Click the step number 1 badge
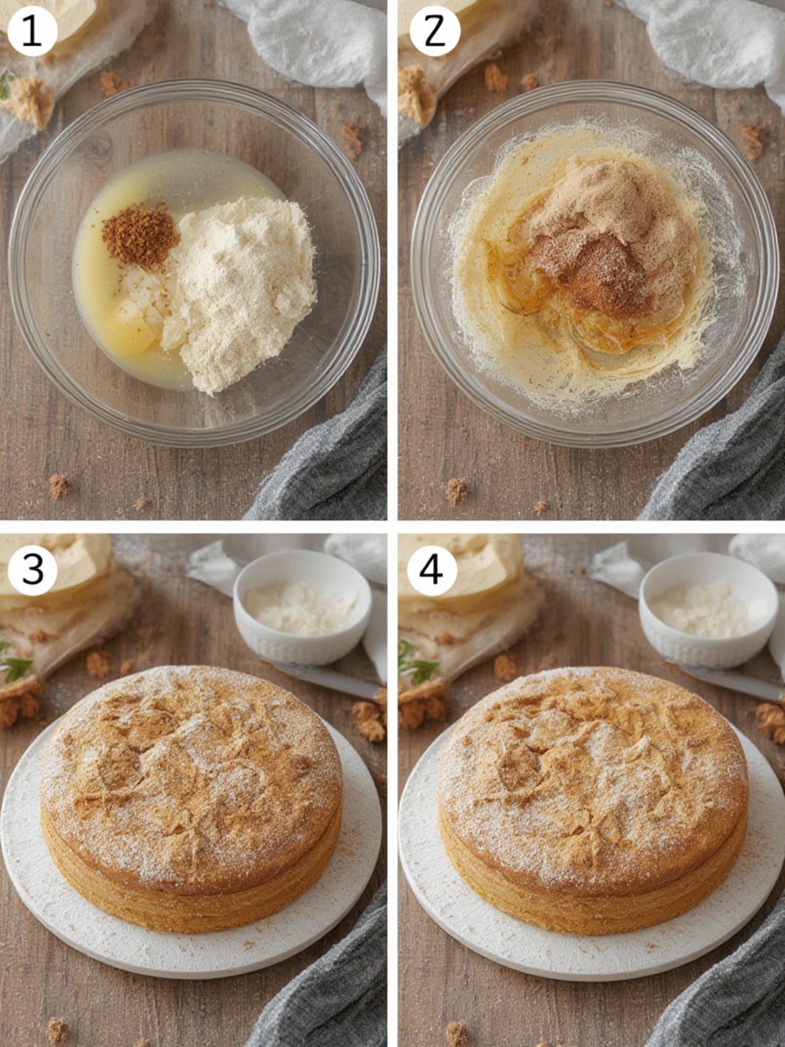click(x=33, y=32)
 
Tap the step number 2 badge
click(x=435, y=32)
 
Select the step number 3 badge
click(x=33, y=570)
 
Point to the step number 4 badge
click(x=432, y=570)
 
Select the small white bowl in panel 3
click(x=302, y=606)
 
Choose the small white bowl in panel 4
click(x=708, y=609)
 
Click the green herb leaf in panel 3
click(x=13, y=663)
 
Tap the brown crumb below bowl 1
click(x=59, y=486)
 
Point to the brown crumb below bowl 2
click(x=456, y=492)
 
